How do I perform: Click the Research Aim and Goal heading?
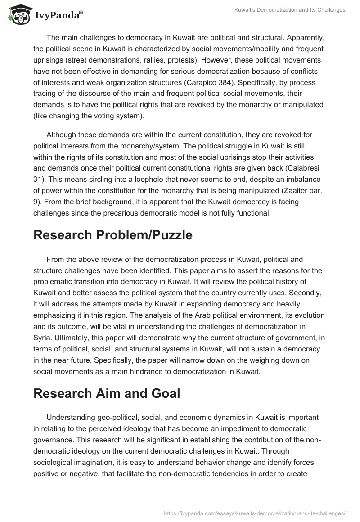(x=107, y=393)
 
